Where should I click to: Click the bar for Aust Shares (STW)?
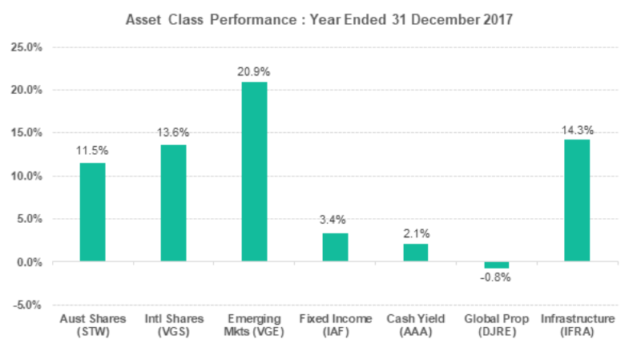(x=92, y=212)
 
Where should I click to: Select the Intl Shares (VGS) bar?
(x=173, y=204)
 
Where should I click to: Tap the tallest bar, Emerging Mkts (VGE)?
(x=254, y=172)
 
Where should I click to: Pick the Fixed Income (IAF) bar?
(x=335, y=248)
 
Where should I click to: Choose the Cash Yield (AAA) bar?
(x=415, y=253)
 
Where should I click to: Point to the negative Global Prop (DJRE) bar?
(x=496, y=265)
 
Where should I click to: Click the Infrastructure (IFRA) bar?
(x=577, y=200)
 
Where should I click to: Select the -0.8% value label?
(x=496, y=278)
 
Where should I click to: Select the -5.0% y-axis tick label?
(x=30, y=305)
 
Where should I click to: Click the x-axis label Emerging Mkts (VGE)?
(x=254, y=326)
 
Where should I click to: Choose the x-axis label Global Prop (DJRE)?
(x=496, y=326)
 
